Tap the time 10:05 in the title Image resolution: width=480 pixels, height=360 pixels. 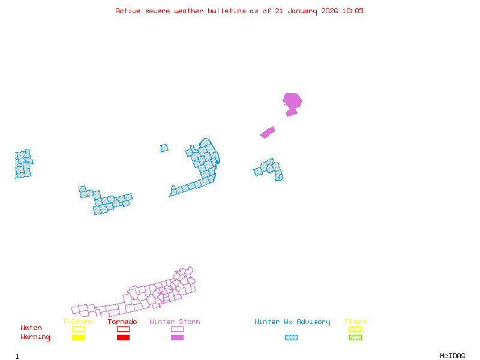pyautogui.click(x=352, y=11)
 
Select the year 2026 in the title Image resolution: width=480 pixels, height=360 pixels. pyautogui.click(x=328, y=11)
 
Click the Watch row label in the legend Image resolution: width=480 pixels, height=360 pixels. pyautogui.click(x=31, y=328)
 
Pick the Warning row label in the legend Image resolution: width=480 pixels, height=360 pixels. pyautogui.click(x=35, y=337)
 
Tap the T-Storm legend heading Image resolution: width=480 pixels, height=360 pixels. pyautogui.click(x=77, y=322)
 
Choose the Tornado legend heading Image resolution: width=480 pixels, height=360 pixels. pyautogui.click(x=122, y=322)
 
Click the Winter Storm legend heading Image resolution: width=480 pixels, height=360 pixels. pyautogui.click(x=175, y=322)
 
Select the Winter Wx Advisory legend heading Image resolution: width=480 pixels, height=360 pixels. pyautogui.click(x=292, y=322)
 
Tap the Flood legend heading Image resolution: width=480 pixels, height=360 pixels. pyautogui.click(x=355, y=322)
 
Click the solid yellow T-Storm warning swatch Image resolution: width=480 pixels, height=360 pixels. pyautogui.click(x=78, y=338)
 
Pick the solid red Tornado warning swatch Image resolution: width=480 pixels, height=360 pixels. pyautogui.click(x=123, y=338)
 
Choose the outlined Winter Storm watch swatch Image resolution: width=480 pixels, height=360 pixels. pyautogui.click(x=177, y=329)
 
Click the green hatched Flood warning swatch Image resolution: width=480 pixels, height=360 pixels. pyautogui.click(x=355, y=338)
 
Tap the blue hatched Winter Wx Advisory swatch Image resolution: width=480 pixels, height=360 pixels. pyautogui.click(x=291, y=338)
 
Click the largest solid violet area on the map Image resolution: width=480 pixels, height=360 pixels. pyautogui.click(x=292, y=101)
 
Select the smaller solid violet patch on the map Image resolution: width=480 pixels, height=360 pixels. pyautogui.click(x=268, y=132)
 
